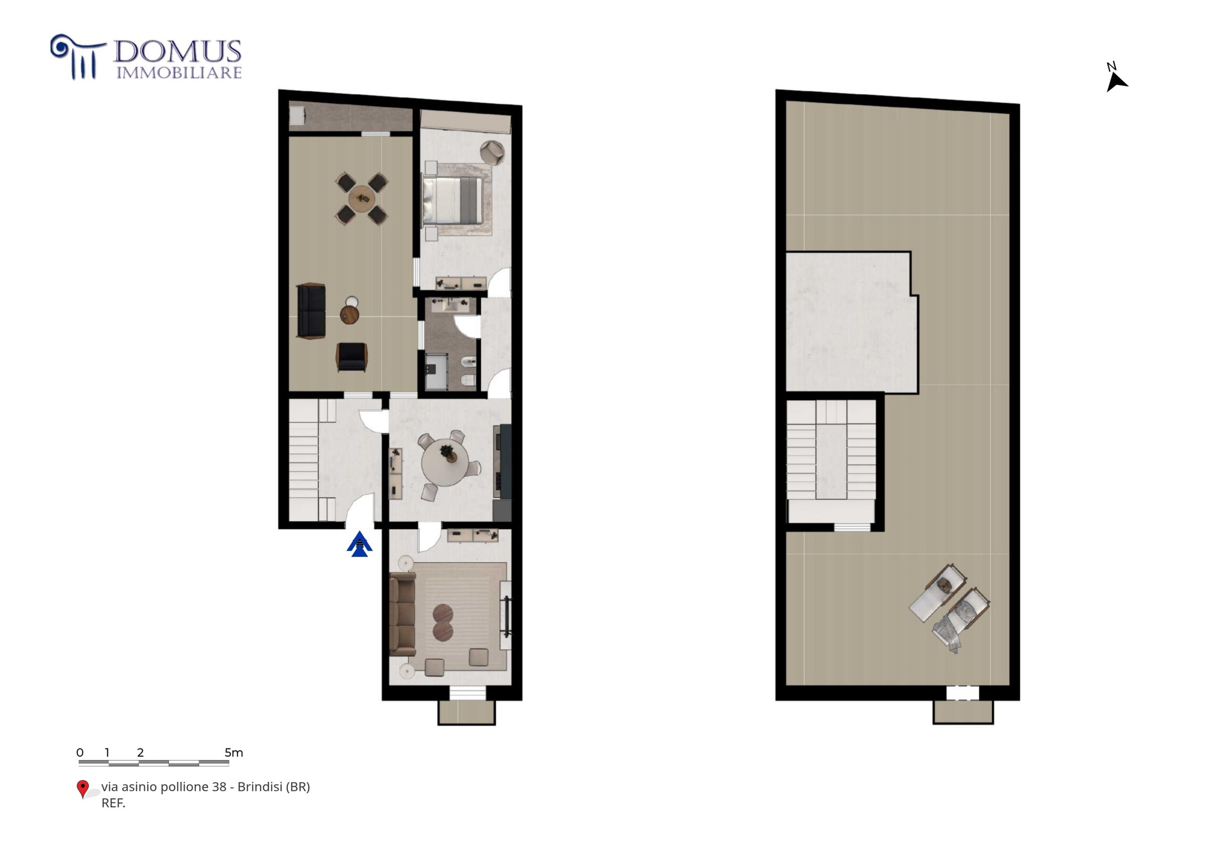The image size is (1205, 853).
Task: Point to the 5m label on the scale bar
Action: click(234, 752)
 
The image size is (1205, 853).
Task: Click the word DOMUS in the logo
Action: click(177, 52)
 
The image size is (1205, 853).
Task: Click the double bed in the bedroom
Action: click(452, 200)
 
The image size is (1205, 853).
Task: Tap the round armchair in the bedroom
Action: click(492, 152)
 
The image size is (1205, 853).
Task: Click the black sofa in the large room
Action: click(311, 311)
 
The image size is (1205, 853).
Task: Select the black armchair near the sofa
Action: click(352, 357)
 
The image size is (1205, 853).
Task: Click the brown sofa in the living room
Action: click(402, 613)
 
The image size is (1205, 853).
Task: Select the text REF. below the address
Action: click(113, 803)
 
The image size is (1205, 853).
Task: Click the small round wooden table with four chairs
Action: click(361, 198)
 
